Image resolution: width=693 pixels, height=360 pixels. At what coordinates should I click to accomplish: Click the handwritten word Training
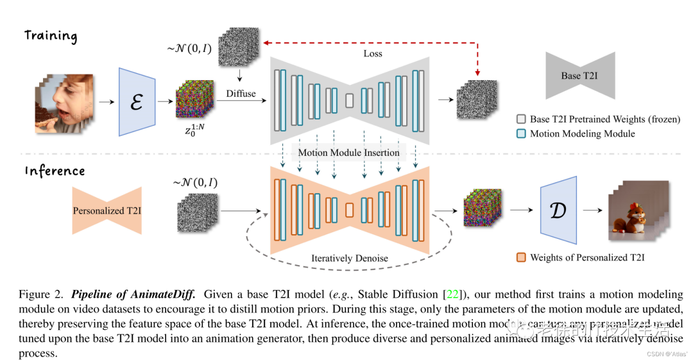(x=51, y=35)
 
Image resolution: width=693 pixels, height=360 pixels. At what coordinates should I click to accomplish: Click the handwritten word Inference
(x=55, y=171)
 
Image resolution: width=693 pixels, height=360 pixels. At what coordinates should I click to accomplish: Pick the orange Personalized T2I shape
(x=107, y=210)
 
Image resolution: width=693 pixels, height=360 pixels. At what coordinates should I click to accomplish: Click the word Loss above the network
(x=372, y=53)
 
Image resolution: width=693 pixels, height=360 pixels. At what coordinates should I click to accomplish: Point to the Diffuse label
(x=241, y=94)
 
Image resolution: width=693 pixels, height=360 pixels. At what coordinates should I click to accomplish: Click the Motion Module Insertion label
(x=349, y=152)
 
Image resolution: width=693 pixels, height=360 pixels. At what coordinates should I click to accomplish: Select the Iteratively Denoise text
(x=349, y=258)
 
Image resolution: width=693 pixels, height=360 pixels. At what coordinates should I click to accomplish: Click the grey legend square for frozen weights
(x=521, y=119)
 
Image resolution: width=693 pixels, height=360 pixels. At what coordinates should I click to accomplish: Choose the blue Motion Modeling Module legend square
(x=521, y=133)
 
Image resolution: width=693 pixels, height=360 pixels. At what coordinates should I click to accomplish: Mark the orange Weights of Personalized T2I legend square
(x=521, y=257)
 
